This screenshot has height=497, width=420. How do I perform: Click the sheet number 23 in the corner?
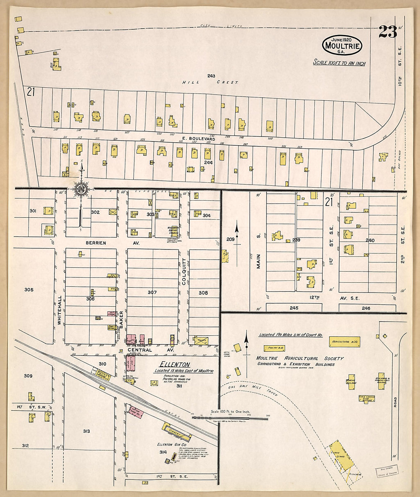point(388,32)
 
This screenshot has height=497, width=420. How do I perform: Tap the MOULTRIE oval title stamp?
point(342,45)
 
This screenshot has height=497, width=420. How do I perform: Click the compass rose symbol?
point(81,188)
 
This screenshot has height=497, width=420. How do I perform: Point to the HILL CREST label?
point(210,82)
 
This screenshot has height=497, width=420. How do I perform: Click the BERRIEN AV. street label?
point(96,243)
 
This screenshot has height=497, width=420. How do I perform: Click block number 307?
point(152,292)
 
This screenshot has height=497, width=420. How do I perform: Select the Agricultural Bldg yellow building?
point(345,342)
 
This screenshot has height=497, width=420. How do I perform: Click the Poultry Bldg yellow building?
point(275,348)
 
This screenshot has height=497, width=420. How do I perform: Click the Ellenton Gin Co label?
point(171,445)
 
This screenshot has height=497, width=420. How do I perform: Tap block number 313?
point(86,431)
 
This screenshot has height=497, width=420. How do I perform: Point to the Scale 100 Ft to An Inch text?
point(339,63)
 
